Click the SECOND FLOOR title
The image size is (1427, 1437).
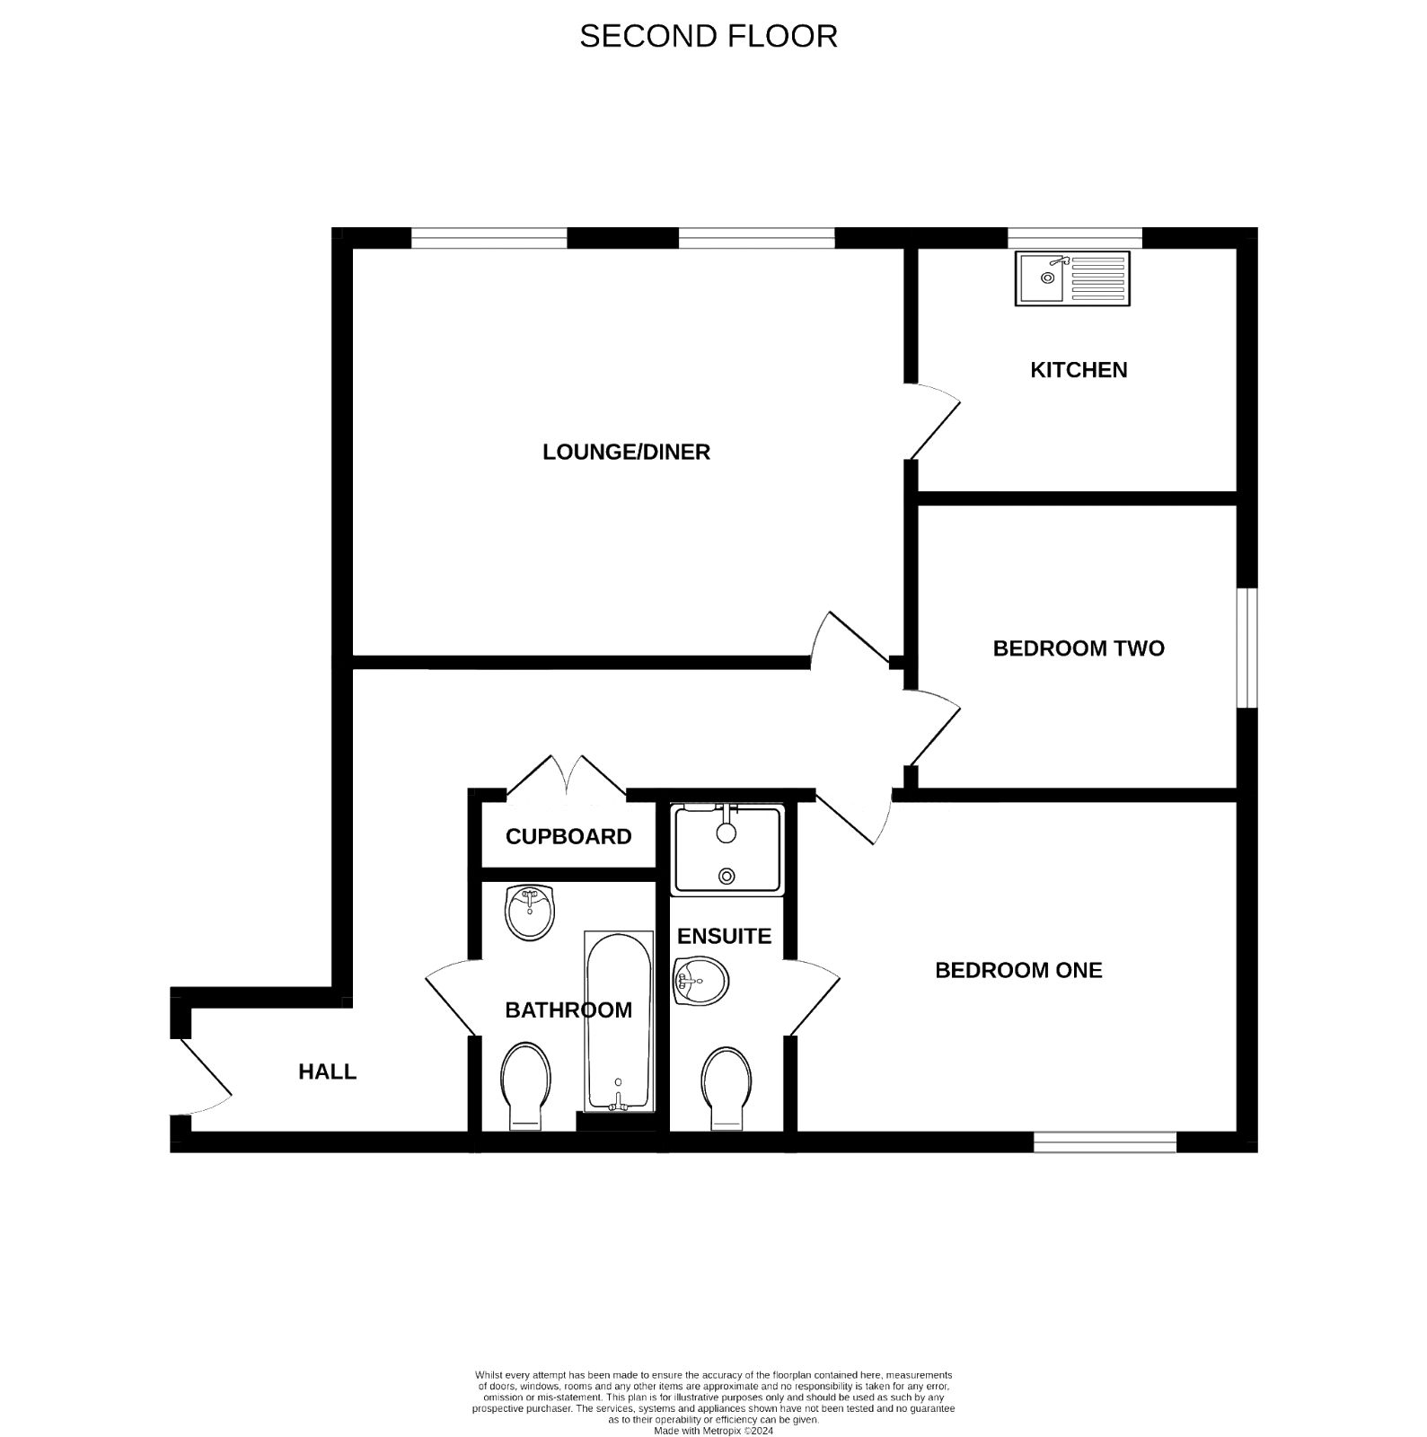(x=708, y=36)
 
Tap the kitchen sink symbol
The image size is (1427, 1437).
(x=1072, y=278)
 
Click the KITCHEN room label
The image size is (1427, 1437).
(x=1078, y=370)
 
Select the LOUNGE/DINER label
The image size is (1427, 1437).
(x=626, y=452)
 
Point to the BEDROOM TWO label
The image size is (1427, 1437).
(x=1078, y=648)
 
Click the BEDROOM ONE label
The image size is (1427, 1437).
(x=1018, y=970)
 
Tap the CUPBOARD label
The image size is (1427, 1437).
(x=568, y=836)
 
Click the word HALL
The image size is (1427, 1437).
(x=327, y=1071)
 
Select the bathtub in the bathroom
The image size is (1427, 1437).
(x=618, y=1019)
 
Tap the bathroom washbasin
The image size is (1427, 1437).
(x=530, y=912)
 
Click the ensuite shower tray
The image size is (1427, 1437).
(x=727, y=850)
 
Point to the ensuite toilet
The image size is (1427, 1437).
(x=727, y=1088)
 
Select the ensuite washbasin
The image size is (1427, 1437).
(x=700, y=981)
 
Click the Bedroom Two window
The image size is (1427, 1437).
(x=1246, y=648)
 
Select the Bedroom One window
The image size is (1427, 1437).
(x=1104, y=1142)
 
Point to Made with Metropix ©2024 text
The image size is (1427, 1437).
(x=713, y=1431)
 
